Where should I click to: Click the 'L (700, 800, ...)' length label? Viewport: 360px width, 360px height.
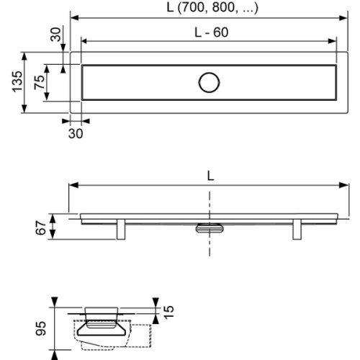coord(210,8)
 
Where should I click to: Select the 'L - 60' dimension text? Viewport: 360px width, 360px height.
coord(210,32)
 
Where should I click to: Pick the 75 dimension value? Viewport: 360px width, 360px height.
coord(40,82)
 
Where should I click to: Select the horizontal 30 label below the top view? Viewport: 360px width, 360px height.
coord(75,133)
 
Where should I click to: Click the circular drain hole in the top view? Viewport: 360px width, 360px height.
coord(210,83)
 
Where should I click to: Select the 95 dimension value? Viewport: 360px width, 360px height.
coord(41,329)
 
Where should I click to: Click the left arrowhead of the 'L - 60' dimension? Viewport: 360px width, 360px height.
coord(84,41)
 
